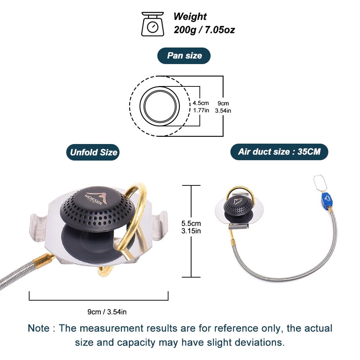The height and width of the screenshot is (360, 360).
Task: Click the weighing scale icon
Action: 153,24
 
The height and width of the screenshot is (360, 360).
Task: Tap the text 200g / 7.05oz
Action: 204,30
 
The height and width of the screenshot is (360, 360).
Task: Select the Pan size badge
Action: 184,56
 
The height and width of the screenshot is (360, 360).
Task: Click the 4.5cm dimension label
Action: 201,103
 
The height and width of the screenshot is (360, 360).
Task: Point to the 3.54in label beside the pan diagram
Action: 223,111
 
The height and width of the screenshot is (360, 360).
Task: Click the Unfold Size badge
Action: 93,152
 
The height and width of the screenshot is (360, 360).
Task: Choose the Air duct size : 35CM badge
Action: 279,152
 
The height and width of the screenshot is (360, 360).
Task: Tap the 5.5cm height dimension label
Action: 191,224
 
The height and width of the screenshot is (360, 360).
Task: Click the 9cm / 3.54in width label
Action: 107,312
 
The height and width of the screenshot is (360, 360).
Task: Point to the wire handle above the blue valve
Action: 320,183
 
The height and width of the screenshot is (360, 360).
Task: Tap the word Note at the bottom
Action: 39,328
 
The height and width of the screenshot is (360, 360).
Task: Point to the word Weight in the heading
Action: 190,17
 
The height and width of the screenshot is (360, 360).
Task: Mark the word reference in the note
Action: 236,328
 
